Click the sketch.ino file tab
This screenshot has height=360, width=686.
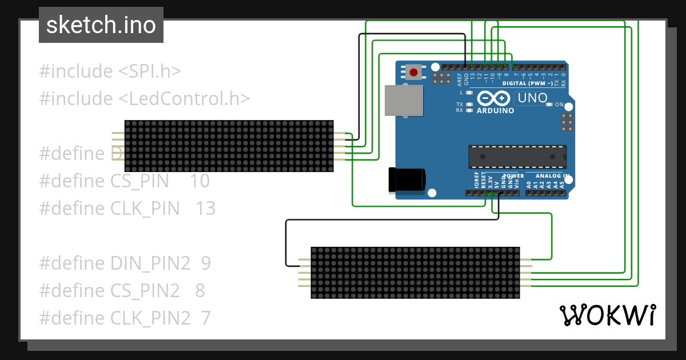(x=101, y=25)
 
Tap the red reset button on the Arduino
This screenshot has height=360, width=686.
(x=413, y=72)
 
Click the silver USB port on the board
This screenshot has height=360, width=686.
(x=404, y=101)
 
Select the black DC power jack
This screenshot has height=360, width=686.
(x=406, y=179)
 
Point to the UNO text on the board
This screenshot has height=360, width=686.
(x=532, y=98)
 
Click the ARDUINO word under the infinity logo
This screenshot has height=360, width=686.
(x=494, y=111)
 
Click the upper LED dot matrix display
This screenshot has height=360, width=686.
(x=229, y=146)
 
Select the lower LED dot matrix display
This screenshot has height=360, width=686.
(x=415, y=273)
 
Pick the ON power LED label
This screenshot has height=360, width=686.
(x=560, y=105)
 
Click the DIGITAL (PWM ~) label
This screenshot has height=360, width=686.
(x=527, y=83)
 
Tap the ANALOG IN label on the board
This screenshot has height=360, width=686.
(x=552, y=175)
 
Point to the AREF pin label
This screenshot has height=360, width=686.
(x=459, y=79)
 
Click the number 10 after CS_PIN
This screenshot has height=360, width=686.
(x=200, y=181)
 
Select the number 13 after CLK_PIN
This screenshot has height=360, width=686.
(x=205, y=209)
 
